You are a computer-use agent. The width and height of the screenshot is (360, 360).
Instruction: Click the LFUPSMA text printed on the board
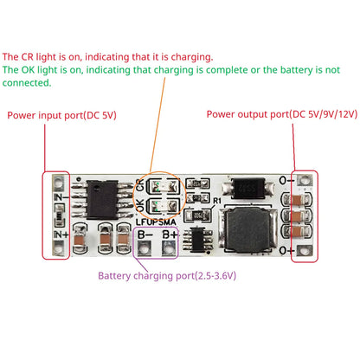click(157, 222)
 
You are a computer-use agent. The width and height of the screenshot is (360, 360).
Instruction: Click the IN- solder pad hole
click(59, 183)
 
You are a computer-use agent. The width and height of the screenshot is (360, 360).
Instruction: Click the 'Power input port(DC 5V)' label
click(61, 114)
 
